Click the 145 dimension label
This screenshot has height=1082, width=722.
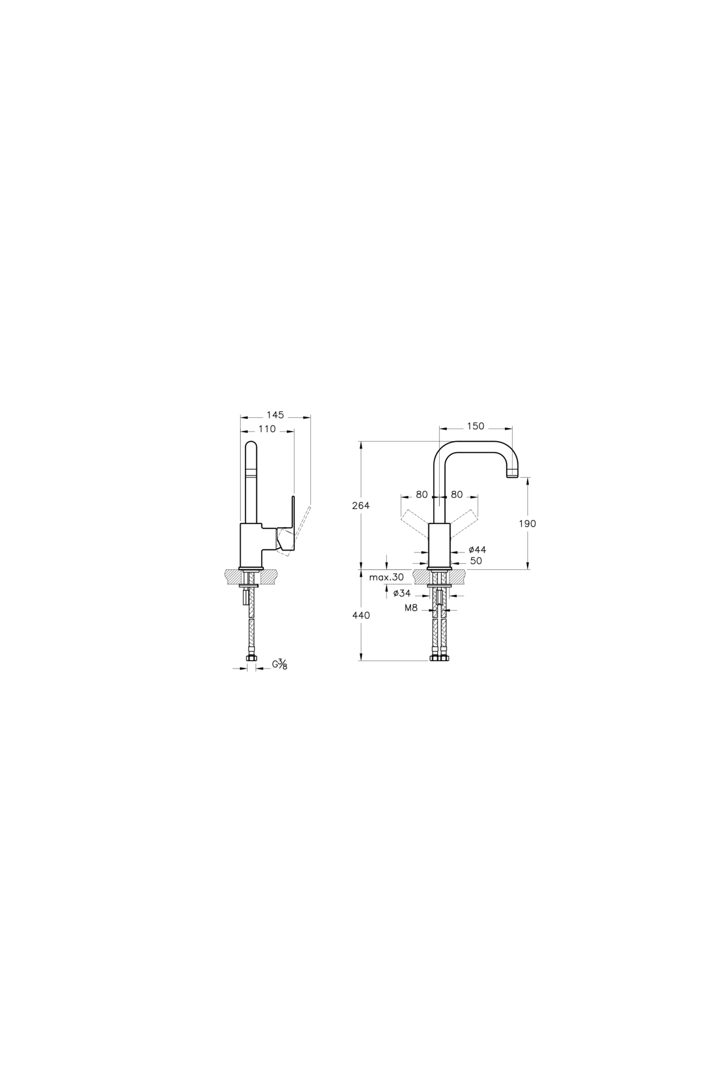pos(276,415)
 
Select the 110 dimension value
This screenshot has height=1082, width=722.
pos(267,429)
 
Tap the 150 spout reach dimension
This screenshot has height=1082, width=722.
pos(475,427)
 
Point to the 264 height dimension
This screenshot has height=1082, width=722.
pos(361,506)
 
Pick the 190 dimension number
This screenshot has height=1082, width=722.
pos(527,524)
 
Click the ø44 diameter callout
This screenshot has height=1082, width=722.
pos(477,549)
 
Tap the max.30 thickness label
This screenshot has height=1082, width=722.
pos(387,577)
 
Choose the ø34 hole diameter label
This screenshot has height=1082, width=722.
pos(402,593)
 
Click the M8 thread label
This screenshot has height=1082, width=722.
pos(411,608)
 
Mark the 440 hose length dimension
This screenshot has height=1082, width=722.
pos(362,616)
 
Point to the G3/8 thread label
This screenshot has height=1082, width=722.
pos(280,665)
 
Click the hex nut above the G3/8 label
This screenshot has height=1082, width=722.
pos(251,659)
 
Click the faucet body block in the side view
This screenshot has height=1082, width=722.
pos(251,545)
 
